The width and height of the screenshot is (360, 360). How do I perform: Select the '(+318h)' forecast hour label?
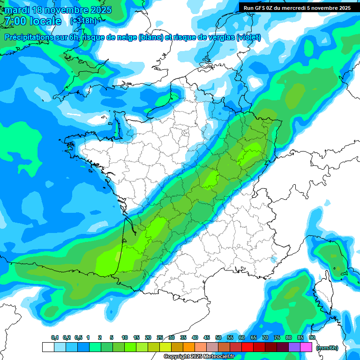click(84, 21)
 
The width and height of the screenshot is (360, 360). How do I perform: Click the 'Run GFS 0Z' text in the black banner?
click(260, 8)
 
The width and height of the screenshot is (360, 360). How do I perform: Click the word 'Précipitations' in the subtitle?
click(32, 37)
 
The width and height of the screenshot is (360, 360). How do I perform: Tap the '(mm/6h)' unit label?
click(327, 348)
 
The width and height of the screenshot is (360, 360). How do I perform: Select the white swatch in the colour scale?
click(48, 347)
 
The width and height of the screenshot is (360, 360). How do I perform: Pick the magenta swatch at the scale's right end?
click(306, 347)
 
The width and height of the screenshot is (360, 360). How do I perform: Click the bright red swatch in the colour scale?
click(247, 347)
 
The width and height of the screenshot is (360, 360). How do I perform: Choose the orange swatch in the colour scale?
click(189, 347)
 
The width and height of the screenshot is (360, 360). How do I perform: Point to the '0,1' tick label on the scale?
click(55, 337)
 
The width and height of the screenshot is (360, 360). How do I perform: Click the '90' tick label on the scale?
click(312, 337)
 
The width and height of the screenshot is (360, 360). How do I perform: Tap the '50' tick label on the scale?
click(218, 337)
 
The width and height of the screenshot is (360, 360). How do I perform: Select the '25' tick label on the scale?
click(160, 337)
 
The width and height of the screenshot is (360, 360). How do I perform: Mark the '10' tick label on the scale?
click(125, 337)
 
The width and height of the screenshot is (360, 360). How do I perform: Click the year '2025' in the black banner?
click(345, 8)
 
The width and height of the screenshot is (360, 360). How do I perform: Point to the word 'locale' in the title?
click(45, 21)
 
